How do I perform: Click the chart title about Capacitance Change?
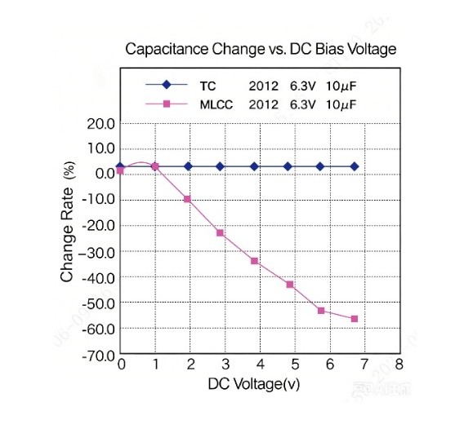point(261,49)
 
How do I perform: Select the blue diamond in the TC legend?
point(167,85)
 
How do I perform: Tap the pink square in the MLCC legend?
point(167,104)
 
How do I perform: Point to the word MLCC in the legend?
point(216,105)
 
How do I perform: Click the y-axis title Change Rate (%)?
point(68,221)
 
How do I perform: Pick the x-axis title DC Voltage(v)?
point(254,384)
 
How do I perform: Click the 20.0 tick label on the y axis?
point(101,124)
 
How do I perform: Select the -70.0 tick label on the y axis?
point(99,356)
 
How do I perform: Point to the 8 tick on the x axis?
point(399,365)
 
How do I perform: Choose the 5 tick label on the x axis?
point(295,365)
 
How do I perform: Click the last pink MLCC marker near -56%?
point(355,319)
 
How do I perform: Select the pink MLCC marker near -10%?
point(187,199)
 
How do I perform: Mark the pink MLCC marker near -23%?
point(220,233)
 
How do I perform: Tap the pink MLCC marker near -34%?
point(254,261)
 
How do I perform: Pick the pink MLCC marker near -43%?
point(290,285)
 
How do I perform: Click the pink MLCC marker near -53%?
point(321,311)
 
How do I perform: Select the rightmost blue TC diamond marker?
point(355,166)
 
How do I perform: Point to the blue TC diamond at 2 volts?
point(188,166)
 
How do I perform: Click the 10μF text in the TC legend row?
point(341,86)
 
